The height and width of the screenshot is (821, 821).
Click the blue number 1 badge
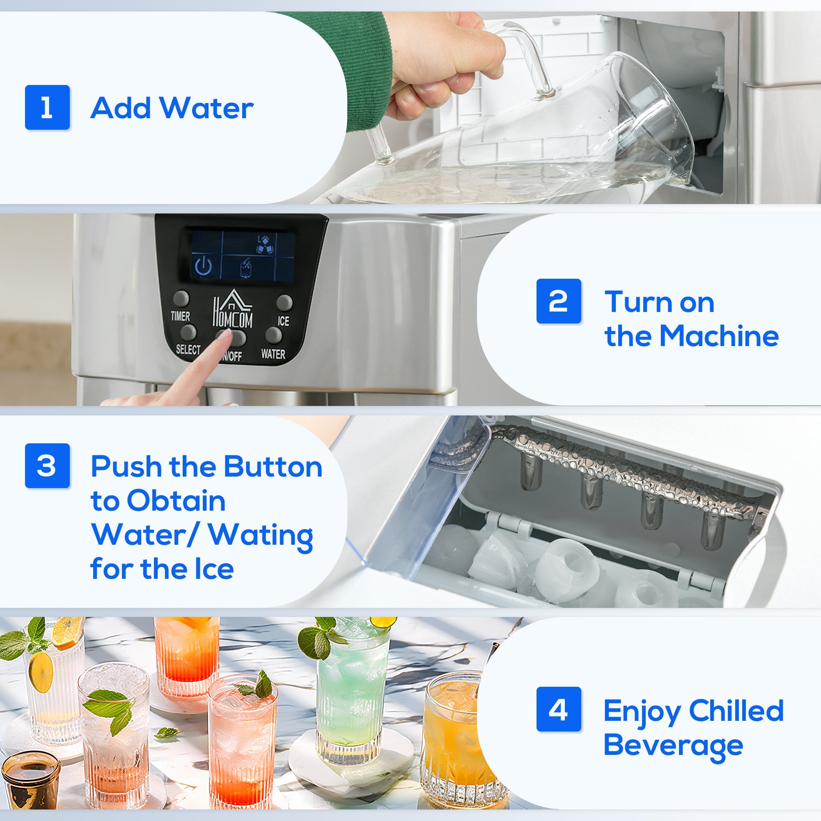pos(47,107)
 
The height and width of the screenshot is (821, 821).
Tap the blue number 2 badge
pos(558,301)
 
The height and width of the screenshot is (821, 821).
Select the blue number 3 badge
pos(47,466)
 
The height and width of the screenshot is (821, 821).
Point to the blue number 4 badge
pos(558,709)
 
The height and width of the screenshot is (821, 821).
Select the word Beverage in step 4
pos(673,746)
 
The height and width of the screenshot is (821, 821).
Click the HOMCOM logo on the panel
pos(232,310)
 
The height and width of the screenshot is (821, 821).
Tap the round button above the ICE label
pos(284,302)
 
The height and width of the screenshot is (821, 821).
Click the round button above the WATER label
pos(273,335)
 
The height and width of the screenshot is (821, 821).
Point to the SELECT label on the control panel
pos(188,349)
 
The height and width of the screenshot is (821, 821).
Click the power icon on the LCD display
pos(204,266)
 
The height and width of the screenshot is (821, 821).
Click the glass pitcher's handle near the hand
pos(527,55)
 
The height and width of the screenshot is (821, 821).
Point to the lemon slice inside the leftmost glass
pos(41,672)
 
